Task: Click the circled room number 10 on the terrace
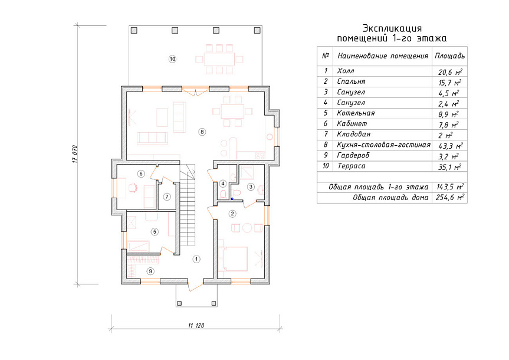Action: click(172, 59)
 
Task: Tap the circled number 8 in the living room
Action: click(202, 132)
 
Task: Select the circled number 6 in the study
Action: click(141, 174)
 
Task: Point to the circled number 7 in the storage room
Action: click(167, 197)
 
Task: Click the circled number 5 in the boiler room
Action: click(155, 232)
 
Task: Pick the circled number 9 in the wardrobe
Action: click(150, 271)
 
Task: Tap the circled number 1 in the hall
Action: click(196, 259)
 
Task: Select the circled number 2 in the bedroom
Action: click(232, 214)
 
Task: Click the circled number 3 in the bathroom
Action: click(251, 186)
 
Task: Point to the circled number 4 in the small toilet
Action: click(223, 184)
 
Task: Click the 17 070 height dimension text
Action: click(75, 153)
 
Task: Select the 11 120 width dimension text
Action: click(196, 326)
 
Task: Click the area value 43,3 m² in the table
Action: click(450, 146)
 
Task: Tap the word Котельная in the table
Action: click(356, 113)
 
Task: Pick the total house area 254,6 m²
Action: click(449, 197)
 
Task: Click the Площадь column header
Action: click(449, 56)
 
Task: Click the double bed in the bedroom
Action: click(233, 258)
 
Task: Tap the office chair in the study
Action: click(133, 188)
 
